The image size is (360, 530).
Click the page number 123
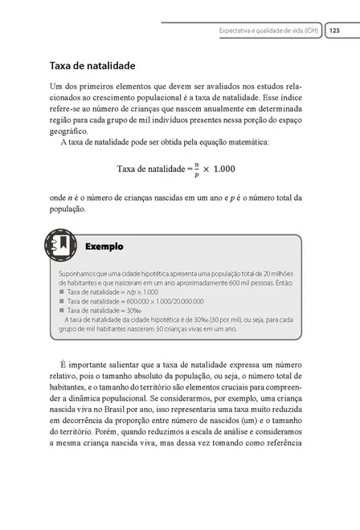click(x=334, y=31)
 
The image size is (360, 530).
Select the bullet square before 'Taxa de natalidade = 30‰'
click(x=61, y=309)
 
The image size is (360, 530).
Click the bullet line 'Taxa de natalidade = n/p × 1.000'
click(x=112, y=291)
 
